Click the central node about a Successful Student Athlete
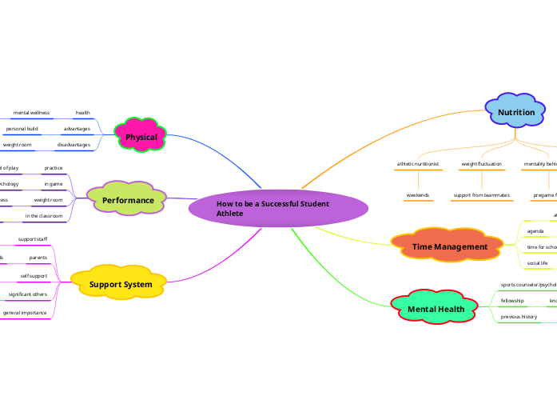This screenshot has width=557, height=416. tap(278, 209)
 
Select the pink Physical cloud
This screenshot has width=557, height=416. tap(141, 137)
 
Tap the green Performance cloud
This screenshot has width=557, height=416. tap(128, 199)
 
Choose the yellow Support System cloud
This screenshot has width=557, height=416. tap(121, 284)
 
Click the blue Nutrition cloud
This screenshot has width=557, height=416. tap(516, 113)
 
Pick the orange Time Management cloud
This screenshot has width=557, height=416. tap(449, 247)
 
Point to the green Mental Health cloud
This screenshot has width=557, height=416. tap(436, 309)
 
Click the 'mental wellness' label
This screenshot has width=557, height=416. tap(31, 113)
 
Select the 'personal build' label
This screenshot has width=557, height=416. tap(22, 129)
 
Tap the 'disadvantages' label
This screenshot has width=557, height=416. tap(74, 145)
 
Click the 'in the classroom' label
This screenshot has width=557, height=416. tap(43, 216)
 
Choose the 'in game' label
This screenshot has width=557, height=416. tap(54, 184)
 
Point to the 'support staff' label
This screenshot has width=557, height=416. tap(33, 239)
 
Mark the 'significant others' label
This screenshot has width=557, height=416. tap(27, 294)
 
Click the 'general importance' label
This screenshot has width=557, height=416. tap(24, 312)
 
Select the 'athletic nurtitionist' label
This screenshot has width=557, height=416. tap(418, 164)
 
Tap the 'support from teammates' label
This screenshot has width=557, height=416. tap(481, 195)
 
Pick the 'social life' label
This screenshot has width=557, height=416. tap(537, 262)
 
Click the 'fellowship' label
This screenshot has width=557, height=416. tap(512, 300)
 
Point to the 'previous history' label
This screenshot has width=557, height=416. tap(519, 317)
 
